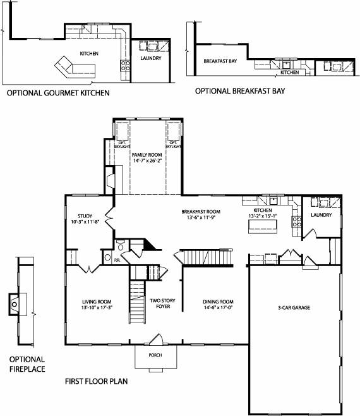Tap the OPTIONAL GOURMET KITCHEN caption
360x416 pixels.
pos(57,93)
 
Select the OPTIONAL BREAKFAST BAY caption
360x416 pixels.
pos(239,91)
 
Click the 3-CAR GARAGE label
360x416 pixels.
pos(294,308)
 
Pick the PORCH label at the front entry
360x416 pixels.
pos(155,355)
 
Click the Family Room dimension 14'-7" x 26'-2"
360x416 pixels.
pos(147,161)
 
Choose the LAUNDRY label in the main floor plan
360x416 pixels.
pos(322,215)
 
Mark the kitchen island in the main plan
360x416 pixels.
pos(261,229)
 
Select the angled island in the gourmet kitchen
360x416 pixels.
pos(69,66)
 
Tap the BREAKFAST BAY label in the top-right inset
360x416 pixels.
pos(220,62)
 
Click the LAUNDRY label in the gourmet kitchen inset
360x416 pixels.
pos(151,59)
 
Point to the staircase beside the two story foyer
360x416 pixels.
pos(138,300)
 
